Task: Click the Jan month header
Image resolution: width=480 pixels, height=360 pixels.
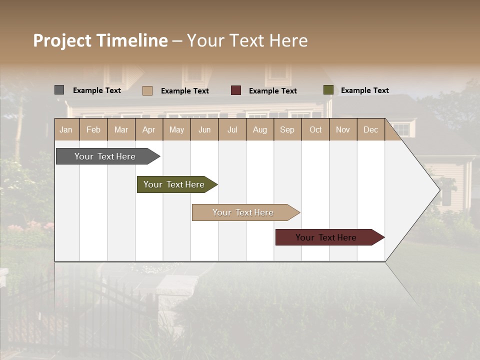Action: (66, 129)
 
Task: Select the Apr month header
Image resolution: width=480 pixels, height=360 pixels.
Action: (149, 129)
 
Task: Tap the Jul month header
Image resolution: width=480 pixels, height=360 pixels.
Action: (232, 129)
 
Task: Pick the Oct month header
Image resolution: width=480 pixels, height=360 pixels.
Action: (315, 129)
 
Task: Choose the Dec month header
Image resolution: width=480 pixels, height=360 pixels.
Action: (370, 129)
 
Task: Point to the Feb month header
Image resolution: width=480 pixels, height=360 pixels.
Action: (93, 129)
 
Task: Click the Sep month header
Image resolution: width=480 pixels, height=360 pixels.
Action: (287, 129)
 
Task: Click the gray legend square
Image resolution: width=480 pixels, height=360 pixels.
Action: (59, 90)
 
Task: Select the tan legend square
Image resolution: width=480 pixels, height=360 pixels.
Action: (147, 90)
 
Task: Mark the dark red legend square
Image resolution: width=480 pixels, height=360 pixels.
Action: (236, 90)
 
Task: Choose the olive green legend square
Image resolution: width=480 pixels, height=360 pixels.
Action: (328, 90)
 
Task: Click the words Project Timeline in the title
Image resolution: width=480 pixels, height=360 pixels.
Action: (100, 40)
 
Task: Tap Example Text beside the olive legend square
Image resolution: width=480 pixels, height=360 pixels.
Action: (364, 90)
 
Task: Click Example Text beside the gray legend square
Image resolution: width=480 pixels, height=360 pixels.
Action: (97, 90)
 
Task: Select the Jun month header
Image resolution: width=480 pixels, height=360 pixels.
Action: (204, 129)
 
